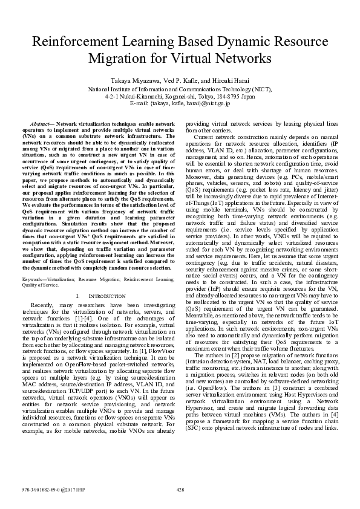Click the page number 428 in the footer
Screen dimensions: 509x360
(180, 490)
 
